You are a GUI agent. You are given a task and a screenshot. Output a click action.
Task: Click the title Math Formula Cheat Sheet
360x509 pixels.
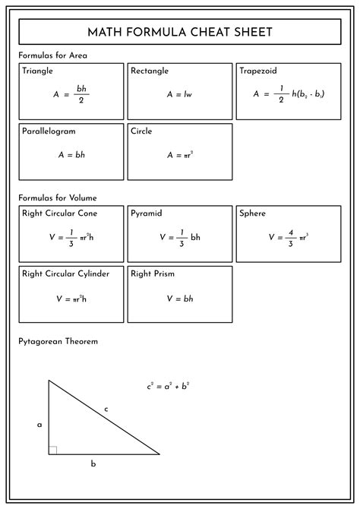[180, 32]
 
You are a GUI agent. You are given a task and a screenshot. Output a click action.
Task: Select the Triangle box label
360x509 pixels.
[38, 71]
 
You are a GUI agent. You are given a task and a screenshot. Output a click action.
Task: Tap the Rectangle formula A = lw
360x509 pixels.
[179, 95]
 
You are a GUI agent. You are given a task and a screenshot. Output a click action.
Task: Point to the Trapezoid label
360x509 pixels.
[257, 71]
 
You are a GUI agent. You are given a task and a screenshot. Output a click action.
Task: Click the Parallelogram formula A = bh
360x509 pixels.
[71, 154]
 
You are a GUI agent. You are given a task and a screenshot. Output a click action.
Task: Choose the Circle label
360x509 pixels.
[141, 131]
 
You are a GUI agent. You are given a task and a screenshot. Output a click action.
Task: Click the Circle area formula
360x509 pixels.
[180, 154]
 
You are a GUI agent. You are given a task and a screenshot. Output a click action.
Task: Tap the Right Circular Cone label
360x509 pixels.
[59, 213]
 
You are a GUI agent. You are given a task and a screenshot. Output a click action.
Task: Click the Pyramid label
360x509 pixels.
[147, 213]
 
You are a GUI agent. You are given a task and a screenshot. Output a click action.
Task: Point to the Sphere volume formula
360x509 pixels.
[288, 237]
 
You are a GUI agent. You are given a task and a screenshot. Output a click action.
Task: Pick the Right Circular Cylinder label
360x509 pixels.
[65, 273]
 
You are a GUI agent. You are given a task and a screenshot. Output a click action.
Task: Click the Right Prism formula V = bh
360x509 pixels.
[179, 299]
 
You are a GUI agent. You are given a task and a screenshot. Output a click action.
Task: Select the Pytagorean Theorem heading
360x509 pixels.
[58, 341]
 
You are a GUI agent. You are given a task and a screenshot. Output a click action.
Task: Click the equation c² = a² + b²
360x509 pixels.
[168, 386]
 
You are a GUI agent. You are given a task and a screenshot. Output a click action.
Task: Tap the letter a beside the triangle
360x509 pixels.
[39, 425]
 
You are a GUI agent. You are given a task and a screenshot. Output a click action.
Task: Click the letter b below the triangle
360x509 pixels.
[93, 463]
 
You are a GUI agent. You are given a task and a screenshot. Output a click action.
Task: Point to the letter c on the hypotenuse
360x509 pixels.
[106, 409]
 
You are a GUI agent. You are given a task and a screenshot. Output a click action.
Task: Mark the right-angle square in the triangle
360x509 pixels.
[53, 451]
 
